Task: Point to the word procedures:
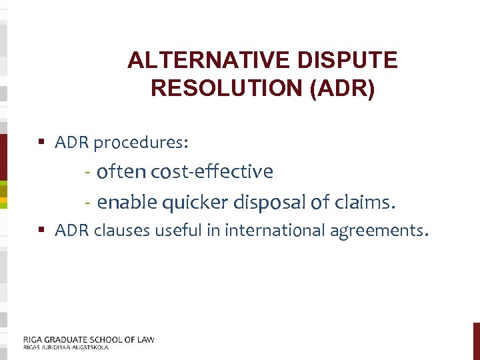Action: click(x=141, y=143)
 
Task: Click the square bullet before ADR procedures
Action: click(x=41, y=143)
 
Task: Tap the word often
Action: click(x=122, y=172)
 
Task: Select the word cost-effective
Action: click(x=212, y=172)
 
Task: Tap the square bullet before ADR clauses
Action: click(x=41, y=231)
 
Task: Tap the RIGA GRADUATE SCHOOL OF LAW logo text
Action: click(x=89, y=339)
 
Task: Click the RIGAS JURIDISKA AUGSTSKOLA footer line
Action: click(x=65, y=347)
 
